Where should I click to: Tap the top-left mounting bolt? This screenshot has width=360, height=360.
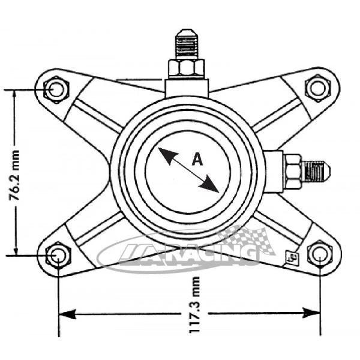[56, 89]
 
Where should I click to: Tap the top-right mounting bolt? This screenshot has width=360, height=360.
[316, 88]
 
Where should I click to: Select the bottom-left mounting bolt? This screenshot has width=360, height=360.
[58, 255]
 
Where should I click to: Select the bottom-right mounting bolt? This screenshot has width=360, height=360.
[319, 254]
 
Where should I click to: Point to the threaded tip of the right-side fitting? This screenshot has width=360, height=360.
[316, 170]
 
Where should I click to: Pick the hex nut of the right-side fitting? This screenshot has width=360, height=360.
[293, 170]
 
